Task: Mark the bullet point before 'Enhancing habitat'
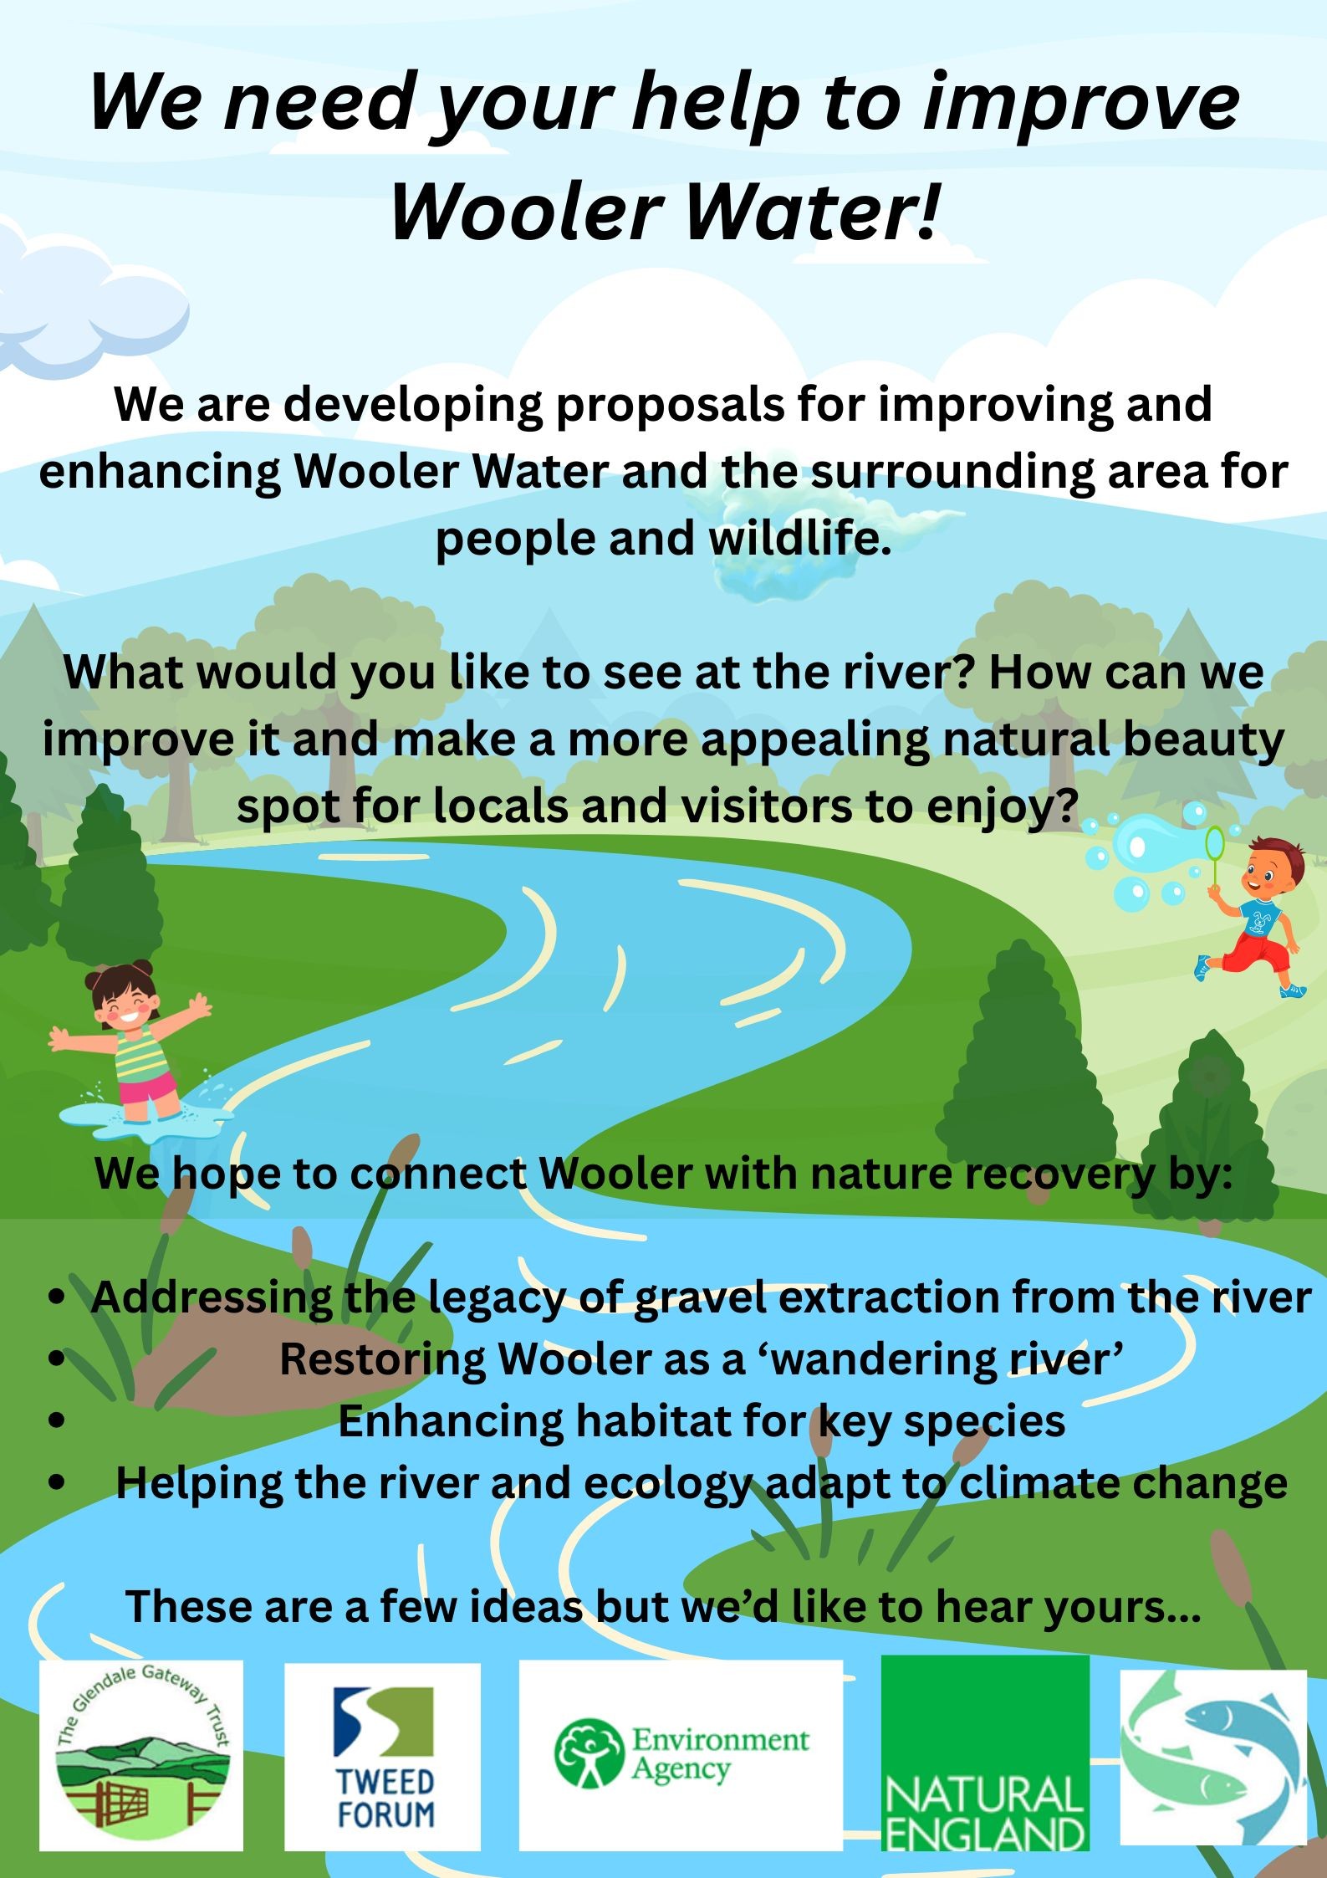tap(57, 1420)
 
